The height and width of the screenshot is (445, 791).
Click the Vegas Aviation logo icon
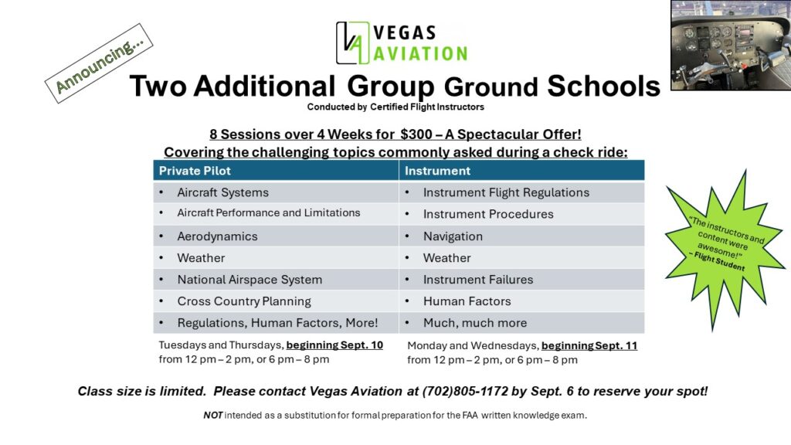pyautogui.click(x=352, y=42)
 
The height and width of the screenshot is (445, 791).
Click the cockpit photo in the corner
pyautogui.click(x=730, y=45)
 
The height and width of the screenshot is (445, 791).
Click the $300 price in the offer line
pyautogui.click(x=416, y=134)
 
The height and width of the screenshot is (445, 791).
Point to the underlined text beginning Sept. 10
pyautogui.click(x=334, y=345)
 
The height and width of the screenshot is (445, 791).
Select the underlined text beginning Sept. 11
pyautogui.click(x=589, y=345)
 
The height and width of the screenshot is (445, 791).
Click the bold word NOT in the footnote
pyautogui.click(x=212, y=415)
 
